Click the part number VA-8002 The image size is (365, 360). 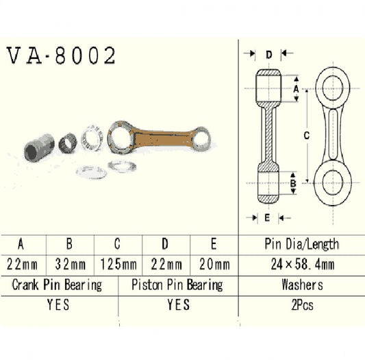coord(61,56)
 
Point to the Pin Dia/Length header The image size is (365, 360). coord(301,243)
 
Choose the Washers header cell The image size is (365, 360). coord(301,284)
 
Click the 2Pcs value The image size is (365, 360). coord(301,305)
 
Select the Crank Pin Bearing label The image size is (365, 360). coord(58,284)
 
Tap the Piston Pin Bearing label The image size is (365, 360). coord(178,284)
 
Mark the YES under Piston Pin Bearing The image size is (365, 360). coord(178,305)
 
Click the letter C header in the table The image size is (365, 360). coord(117,243)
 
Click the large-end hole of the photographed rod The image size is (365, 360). coord(123,136)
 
